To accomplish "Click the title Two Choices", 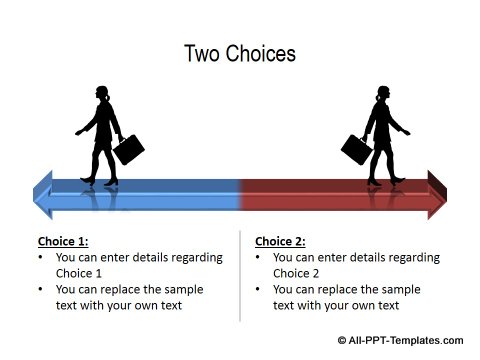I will [x=240, y=53].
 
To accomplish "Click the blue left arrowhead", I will [x=43, y=193].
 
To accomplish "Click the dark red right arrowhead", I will [x=436, y=193].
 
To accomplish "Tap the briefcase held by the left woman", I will [x=128, y=150].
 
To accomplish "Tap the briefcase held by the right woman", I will [x=356, y=150].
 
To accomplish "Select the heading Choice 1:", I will [x=63, y=241].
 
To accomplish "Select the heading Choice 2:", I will [x=281, y=241].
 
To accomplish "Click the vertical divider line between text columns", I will [x=240, y=275].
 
